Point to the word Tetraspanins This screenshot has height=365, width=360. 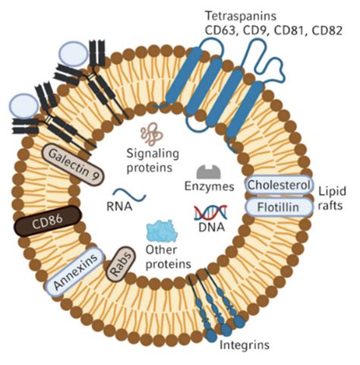click(241, 16)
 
